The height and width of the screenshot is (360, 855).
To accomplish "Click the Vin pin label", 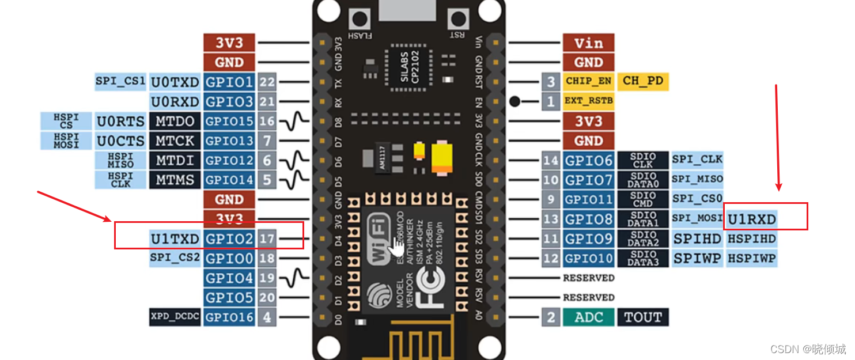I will pyautogui.click(x=588, y=43).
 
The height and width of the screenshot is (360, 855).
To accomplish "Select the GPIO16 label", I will pyautogui.click(x=229, y=317).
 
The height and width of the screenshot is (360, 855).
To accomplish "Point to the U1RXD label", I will pyautogui.click(x=752, y=219).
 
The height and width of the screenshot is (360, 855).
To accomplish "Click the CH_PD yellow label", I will pyautogui.click(x=643, y=81).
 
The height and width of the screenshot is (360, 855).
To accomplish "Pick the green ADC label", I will pyautogui.click(x=588, y=317).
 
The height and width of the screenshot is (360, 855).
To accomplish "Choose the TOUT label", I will pyautogui.click(x=643, y=317).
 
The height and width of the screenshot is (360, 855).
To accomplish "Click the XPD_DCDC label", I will pyautogui.click(x=175, y=317).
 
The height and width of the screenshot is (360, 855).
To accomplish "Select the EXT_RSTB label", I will pyautogui.click(x=588, y=101).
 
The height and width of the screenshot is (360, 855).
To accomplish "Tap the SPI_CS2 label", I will pyautogui.click(x=175, y=257).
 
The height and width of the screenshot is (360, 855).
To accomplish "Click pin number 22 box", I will pyautogui.click(x=267, y=82).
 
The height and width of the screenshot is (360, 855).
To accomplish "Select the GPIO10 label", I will pyautogui.click(x=588, y=258).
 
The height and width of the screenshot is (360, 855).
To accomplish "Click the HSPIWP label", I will pyautogui.click(x=752, y=258).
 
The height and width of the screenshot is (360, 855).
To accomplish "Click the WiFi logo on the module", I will pyautogui.click(x=380, y=239).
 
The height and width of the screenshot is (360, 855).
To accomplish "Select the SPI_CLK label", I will pyautogui.click(x=697, y=160).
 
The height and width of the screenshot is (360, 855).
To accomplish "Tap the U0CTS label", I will pyautogui.click(x=120, y=141).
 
